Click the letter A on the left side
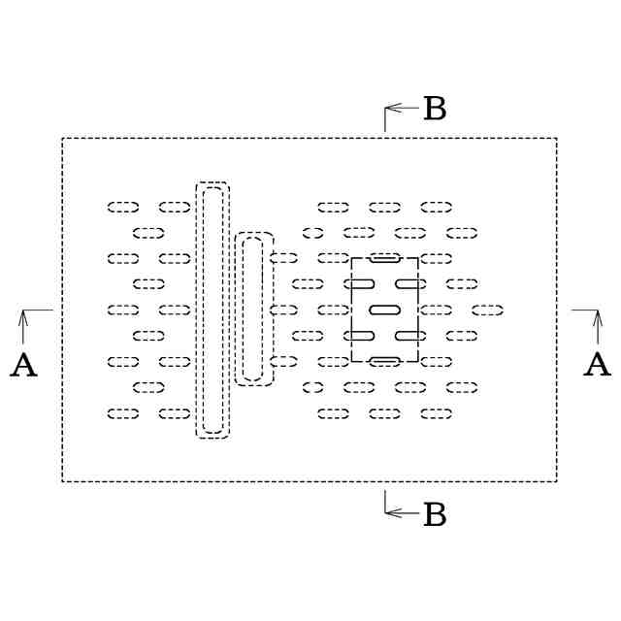click(x=23, y=366)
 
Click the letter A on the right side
click(x=598, y=366)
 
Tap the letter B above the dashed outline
click(x=435, y=110)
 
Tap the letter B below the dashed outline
click(x=435, y=514)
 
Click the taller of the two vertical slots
click(x=212, y=310)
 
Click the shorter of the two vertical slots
click(x=254, y=310)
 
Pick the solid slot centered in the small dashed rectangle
click(x=385, y=310)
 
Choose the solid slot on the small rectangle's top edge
click(x=385, y=258)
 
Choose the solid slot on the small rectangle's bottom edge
click(x=385, y=361)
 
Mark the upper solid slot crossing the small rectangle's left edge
click(x=360, y=283)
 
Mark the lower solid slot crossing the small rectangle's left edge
click(x=360, y=336)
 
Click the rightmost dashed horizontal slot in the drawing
click(x=487, y=310)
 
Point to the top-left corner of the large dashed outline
click(x=63, y=139)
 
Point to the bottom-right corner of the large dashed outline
click(x=556, y=480)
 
